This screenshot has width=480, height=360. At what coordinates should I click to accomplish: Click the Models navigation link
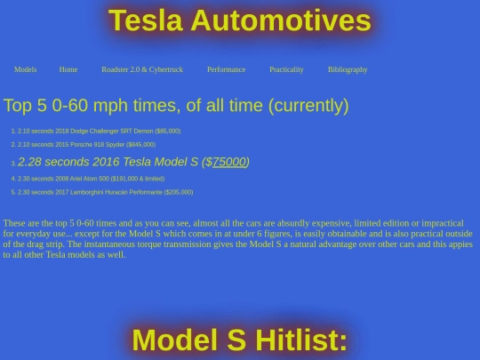pyautogui.click(x=25, y=69)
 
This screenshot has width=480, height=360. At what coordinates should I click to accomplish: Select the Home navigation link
pyautogui.click(x=68, y=69)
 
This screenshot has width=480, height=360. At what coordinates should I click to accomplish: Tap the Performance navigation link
pyautogui.click(x=226, y=69)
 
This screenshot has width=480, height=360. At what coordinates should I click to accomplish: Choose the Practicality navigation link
pyautogui.click(x=286, y=69)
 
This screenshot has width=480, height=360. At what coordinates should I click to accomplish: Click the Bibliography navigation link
pyautogui.click(x=348, y=69)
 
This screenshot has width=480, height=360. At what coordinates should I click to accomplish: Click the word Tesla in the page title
pyautogui.click(x=146, y=21)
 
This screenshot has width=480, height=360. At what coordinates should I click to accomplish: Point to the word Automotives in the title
pyautogui.click(x=281, y=21)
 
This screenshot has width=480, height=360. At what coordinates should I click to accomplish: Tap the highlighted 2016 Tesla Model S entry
pyautogui.click(x=133, y=162)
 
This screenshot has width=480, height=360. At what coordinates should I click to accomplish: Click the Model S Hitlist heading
pyautogui.click(x=239, y=340)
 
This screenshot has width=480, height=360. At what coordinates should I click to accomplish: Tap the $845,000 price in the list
pyautogui.click(x=141, y=144)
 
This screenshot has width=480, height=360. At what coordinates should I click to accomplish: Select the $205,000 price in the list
pyautogui.click(x=179, y=192)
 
